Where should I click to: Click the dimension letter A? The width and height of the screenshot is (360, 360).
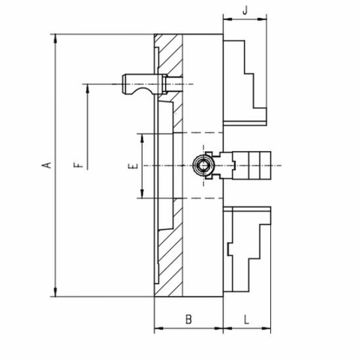coord(46,165)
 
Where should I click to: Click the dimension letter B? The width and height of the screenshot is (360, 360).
coord(188,319)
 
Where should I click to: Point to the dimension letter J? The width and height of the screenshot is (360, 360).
coord(245,10)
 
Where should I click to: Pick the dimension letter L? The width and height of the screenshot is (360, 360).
coord(246,319)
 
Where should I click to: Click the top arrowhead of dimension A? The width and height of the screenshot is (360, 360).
coord(55,39)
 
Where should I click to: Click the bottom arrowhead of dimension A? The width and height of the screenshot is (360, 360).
coord(55,292)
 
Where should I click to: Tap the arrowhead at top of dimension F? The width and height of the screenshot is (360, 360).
coord(87,88)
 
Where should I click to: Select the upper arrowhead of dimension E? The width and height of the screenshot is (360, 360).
coord(142,138)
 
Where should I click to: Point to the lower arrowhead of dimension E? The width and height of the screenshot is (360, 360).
coord(142,194)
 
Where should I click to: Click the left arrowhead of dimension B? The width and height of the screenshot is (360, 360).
coord(159,328)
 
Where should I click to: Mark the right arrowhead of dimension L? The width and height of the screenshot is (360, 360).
coord(266,328)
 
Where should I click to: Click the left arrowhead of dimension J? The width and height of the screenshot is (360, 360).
coord(228,19)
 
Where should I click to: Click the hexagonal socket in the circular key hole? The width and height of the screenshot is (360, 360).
coord(203,166)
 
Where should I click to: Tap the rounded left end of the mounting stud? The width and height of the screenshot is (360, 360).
coord(124,84)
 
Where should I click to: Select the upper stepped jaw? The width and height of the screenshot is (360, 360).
coord(245,83)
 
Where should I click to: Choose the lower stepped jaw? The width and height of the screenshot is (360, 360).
coord(247,249)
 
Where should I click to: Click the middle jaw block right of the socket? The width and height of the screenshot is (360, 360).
coord(252,166)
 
